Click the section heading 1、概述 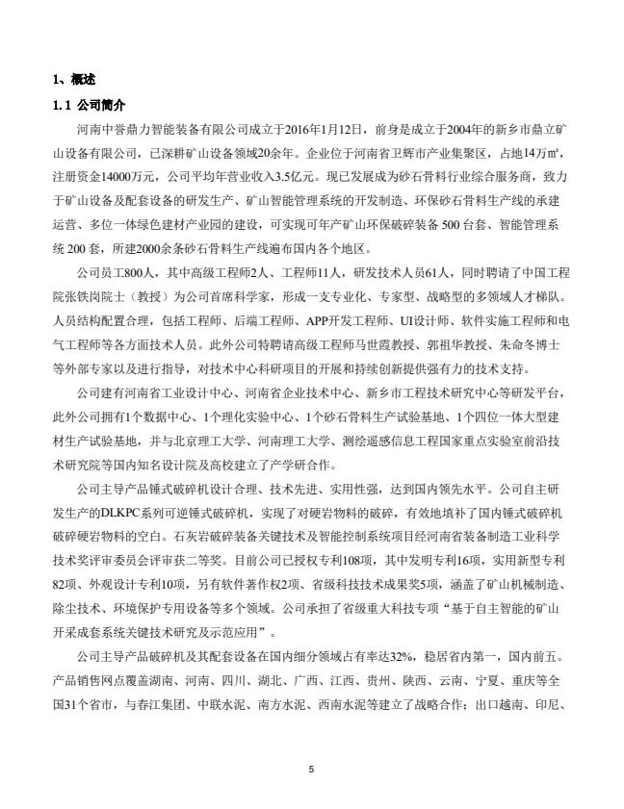pyautogui.click(x=73, y=79)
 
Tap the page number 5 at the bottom pyautogui.click(x=312, y=769)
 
